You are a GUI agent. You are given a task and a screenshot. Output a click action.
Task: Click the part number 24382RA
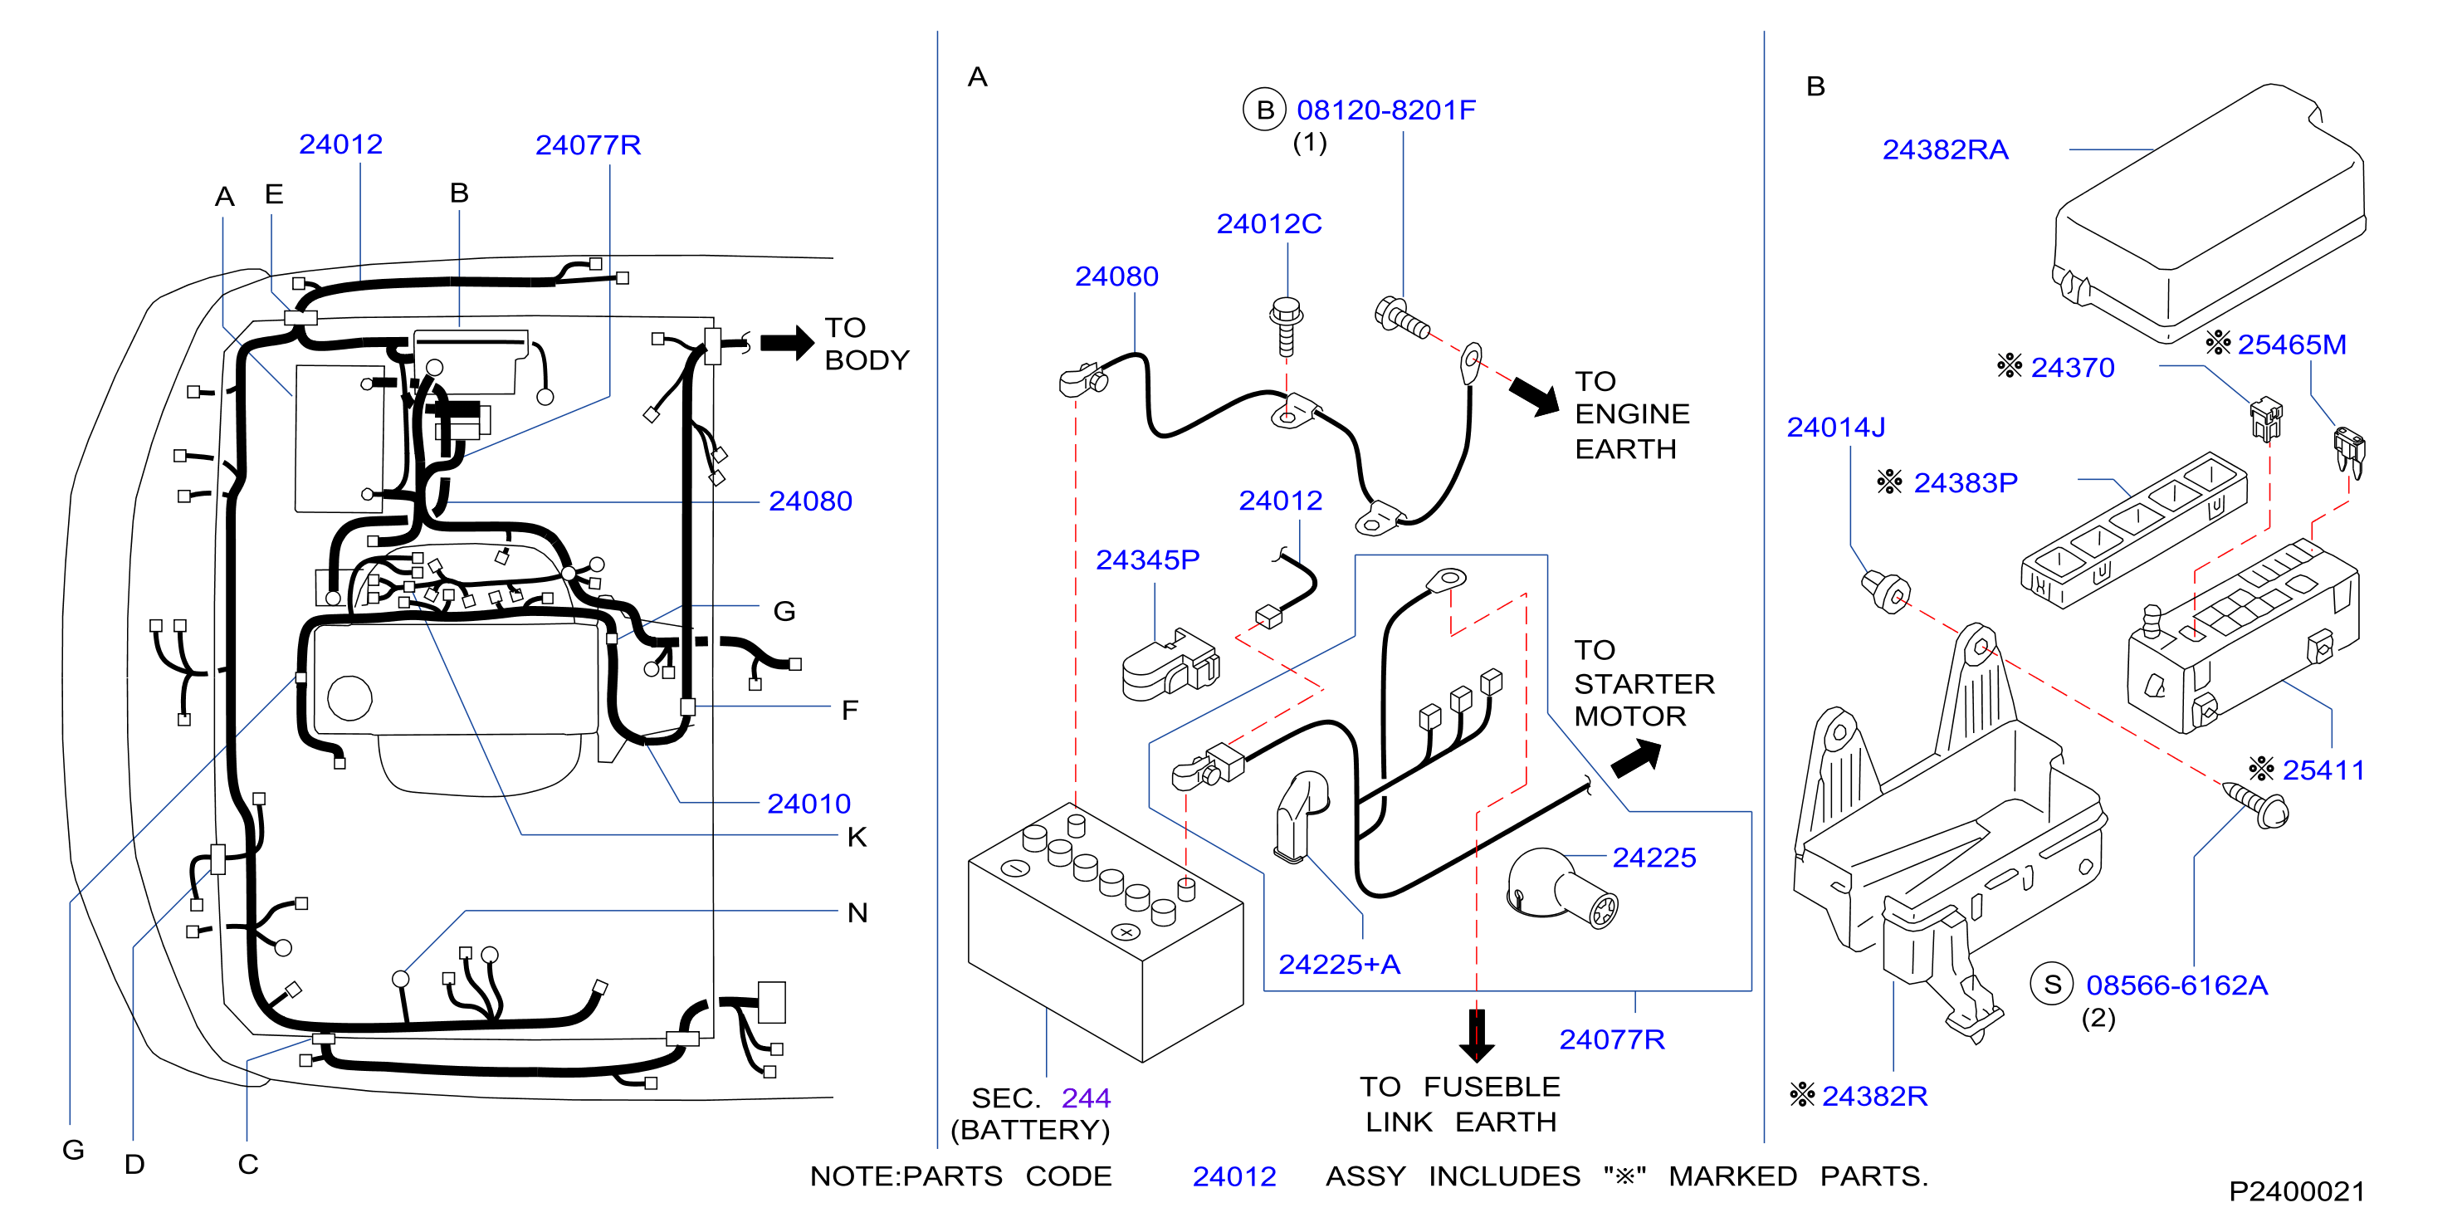tap(1945, 150)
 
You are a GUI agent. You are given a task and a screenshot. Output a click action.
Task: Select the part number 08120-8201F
tap(1386, 110)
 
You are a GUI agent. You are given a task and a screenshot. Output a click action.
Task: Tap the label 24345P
tap(1147, 560)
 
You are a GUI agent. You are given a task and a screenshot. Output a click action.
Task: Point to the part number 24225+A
tap(1339, 965)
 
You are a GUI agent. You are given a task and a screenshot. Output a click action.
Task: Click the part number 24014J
tap(1836, 428)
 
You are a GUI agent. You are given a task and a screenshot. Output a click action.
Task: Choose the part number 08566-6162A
tap(2176, 985)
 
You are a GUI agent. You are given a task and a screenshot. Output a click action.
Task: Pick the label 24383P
tap(1965, 482)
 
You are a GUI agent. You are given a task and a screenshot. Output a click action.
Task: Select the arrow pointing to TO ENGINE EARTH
tap(1534, 394)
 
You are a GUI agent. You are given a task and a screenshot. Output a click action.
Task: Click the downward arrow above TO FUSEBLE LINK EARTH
tap(1477, 1035)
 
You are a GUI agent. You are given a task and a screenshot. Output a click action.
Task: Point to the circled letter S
tap(2052, 985)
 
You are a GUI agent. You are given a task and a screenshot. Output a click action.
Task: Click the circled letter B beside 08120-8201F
tap(1264, 110)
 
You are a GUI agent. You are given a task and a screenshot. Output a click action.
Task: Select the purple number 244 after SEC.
tap(1086, 1098)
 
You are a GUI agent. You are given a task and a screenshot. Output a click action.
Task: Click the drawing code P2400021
tap(2297, 1192)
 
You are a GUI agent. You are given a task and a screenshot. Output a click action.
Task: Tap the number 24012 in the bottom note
tap(1233, 1176)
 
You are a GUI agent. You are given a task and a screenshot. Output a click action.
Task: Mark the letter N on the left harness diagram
tap(857, 912)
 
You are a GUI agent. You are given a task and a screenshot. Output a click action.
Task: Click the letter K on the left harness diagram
tap(857, 838)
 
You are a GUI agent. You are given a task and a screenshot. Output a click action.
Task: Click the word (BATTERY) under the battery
tap(1030, 1130)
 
